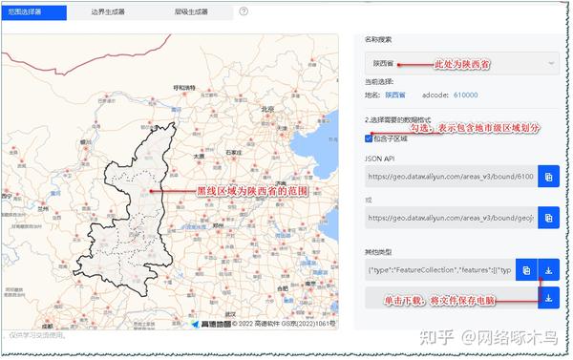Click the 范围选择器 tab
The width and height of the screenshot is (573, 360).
click(33, 12)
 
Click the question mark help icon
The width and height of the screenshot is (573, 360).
click(244, 12)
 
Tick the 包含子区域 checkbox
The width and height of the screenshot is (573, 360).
click(369, 138)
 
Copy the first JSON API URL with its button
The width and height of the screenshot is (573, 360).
click(548, 177)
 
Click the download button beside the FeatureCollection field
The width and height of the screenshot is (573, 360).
click(549, 270)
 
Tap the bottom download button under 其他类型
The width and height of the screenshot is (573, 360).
click(549, 299)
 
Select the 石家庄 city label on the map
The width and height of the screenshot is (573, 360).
click(230, 151)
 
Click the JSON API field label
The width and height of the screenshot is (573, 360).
click(378, 159)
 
